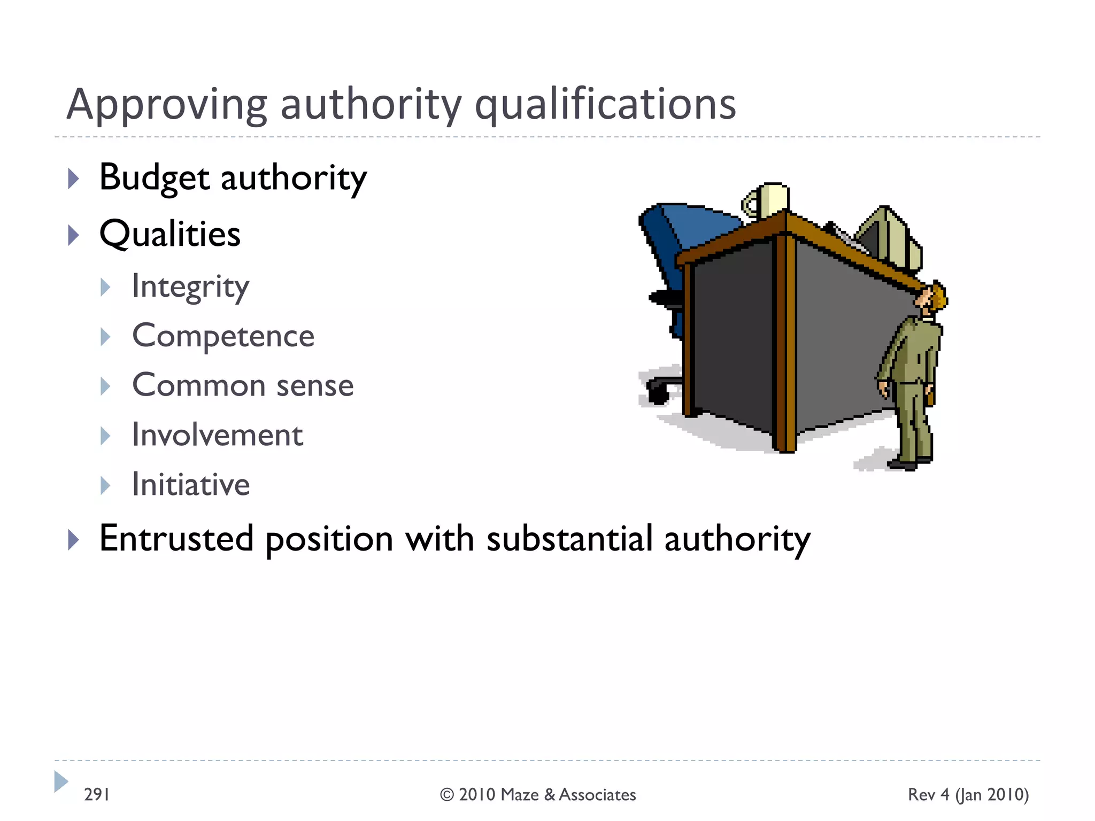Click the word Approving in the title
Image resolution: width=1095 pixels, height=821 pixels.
point(166,105)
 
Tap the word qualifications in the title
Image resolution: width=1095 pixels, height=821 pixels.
point(605,105)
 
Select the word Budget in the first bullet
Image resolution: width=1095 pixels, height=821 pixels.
point(154,177)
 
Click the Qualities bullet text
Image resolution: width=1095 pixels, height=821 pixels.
point(170,234)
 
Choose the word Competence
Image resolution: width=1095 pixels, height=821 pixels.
point(223,336)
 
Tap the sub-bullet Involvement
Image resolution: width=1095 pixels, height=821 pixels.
point(218,435)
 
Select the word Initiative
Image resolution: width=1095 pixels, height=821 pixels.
point(191,485)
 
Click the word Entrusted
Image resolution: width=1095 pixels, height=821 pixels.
point(176,539)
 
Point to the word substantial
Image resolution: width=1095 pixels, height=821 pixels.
point(569,539)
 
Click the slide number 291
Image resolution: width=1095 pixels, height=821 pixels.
point(97,795)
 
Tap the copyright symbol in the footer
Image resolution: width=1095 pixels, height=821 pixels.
point(446,795)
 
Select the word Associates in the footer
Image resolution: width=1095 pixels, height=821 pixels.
point(597,795)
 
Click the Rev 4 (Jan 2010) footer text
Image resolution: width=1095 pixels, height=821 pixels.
point(968,795)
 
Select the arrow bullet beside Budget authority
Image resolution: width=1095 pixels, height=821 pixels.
point(74,179)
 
